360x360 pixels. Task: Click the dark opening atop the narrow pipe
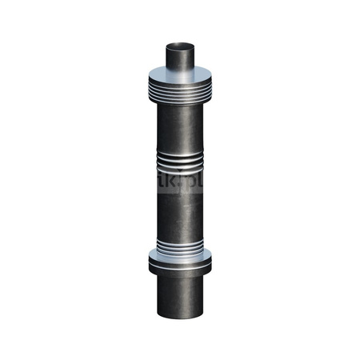pyautogui.click(x=180, y=44)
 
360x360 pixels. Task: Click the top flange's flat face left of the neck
pyautogui.click(x=156, y=78)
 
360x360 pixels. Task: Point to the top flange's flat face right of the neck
pyautogui.click(x=204, y=78)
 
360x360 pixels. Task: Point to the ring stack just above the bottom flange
pyautogui.click(x=180, y=244)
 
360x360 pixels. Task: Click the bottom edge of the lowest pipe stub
pyautogui.click(x=180, y=318)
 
